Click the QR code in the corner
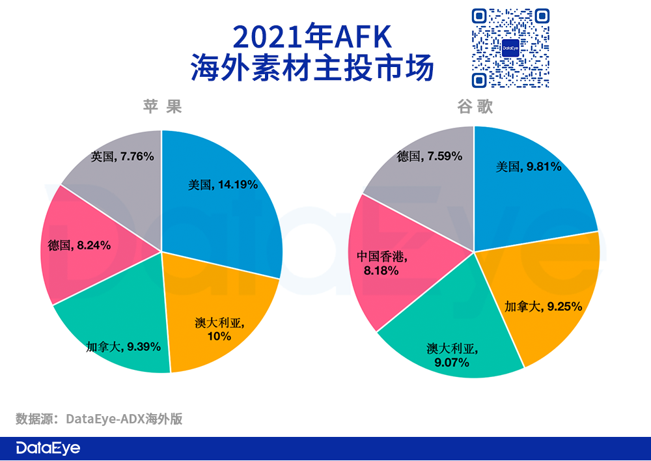(510, 48)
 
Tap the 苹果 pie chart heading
(161, 106)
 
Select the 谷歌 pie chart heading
(475, 107)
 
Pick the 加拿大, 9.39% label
(123, 346)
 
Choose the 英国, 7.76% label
(122, 156)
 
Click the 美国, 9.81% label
(528, 167)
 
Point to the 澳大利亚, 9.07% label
(451, 355)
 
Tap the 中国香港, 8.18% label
(383, 263)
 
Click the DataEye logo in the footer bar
(48, 449)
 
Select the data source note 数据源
(98, 418)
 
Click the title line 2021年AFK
(312, 38)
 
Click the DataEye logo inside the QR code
(510, 48)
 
